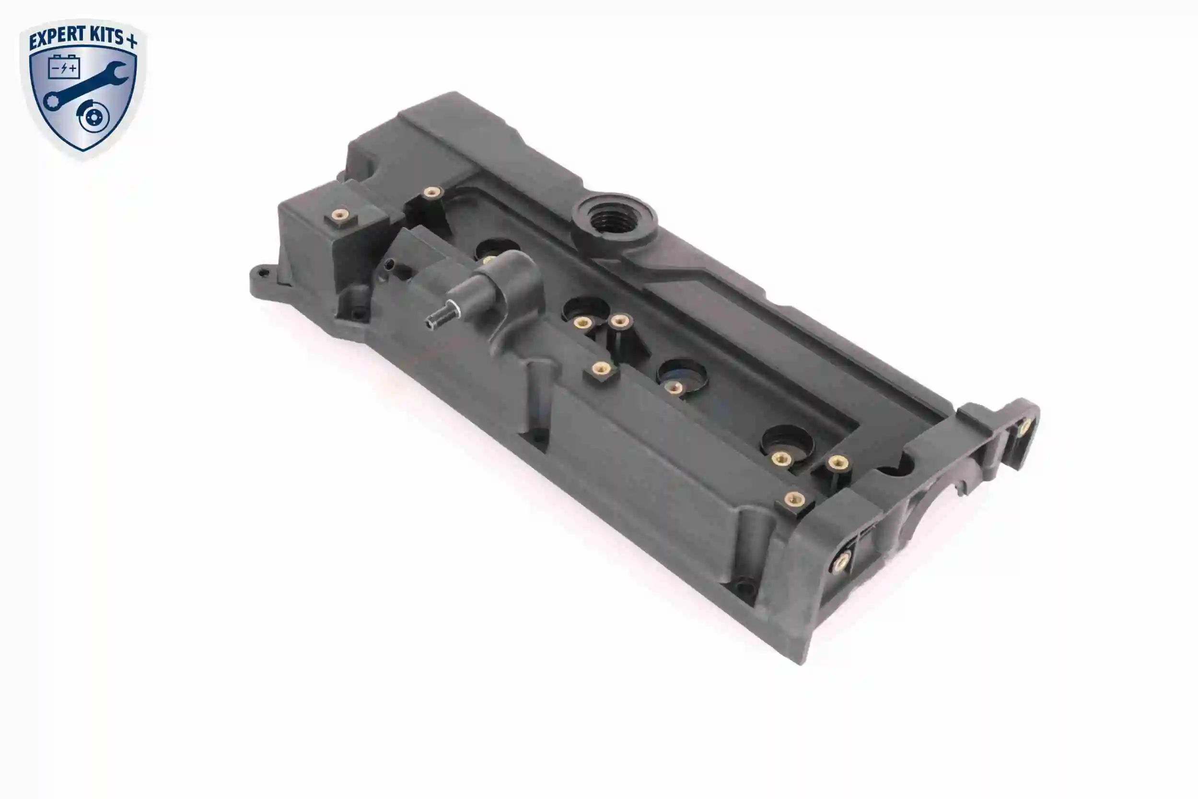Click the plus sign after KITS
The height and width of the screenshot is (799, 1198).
[131, 41]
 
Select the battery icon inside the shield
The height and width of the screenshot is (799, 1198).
[64, 67]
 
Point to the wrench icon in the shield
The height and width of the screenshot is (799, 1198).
[84, 85]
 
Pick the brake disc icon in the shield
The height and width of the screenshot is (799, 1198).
[93, 118]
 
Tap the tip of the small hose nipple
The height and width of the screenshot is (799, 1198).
[431, 321]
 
